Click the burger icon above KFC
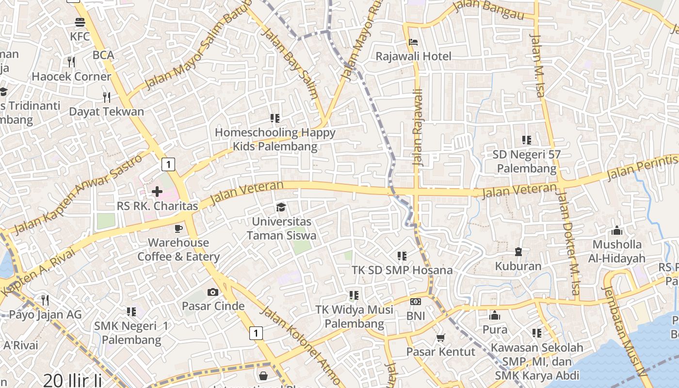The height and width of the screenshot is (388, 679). (x=80, y=22)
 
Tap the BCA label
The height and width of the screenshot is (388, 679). (x=103, y=55)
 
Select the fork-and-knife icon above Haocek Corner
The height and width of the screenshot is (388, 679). (x=71, y=62)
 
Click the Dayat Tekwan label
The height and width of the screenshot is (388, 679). (x=106, y=112)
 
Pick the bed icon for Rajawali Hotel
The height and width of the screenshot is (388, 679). (x=413, y=42)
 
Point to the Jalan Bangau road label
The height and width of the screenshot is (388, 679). (x=489, y=10)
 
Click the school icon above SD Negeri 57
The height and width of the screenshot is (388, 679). (x=527, y=140)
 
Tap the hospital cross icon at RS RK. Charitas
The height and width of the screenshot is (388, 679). (x=157, y=192)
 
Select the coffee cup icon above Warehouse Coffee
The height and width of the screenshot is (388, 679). (x=178, y=228)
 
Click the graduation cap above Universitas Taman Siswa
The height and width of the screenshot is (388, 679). (x=281, y=208)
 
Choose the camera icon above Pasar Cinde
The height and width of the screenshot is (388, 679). (x=212, y=292)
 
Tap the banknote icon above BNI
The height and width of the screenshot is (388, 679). (x=416, y=302)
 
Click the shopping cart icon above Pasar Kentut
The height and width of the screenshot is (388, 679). (x=440, y=338)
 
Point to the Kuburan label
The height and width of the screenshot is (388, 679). (x=518, y=266)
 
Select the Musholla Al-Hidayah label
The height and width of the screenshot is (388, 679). (x=617, y=251)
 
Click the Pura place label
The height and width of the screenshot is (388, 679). (x=495, y=330)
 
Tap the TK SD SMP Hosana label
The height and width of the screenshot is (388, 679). (x=402, y=270)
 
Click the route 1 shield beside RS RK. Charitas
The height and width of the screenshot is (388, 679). (x=168, y=164)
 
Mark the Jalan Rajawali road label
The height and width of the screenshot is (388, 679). (x=418, y=127)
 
